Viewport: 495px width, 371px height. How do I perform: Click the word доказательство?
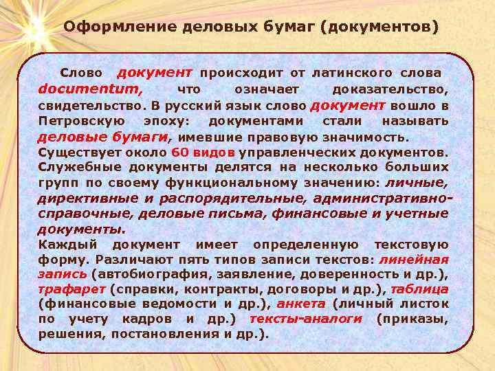[390, 90]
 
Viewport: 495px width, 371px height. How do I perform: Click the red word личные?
[416, 182]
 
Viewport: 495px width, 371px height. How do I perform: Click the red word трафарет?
[71, 289]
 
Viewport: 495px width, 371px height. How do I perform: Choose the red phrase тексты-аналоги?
[305, 319]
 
